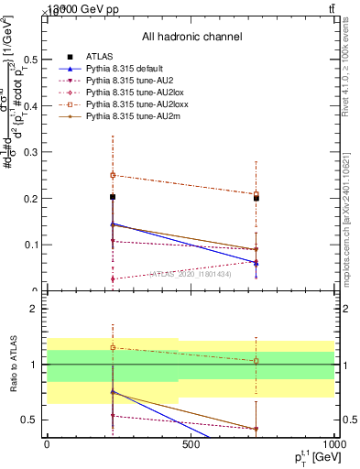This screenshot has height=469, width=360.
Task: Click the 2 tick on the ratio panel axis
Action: coord(34,309)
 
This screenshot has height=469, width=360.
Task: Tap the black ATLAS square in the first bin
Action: coord(113,197)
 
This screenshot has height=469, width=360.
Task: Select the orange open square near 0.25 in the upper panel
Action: coord(113,175)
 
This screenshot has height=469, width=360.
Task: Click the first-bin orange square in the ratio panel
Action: coord(113,347)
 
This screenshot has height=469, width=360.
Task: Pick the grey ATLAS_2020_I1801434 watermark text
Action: coord(191,273)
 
